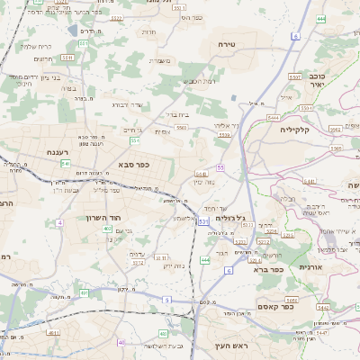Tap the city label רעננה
[36, 152]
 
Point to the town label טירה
[226, 43]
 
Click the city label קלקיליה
[294, 130]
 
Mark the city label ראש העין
[230, 346]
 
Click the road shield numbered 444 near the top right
[321, 18]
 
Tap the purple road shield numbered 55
[220, 167]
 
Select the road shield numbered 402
[107, 229]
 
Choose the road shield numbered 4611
[55, 333]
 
